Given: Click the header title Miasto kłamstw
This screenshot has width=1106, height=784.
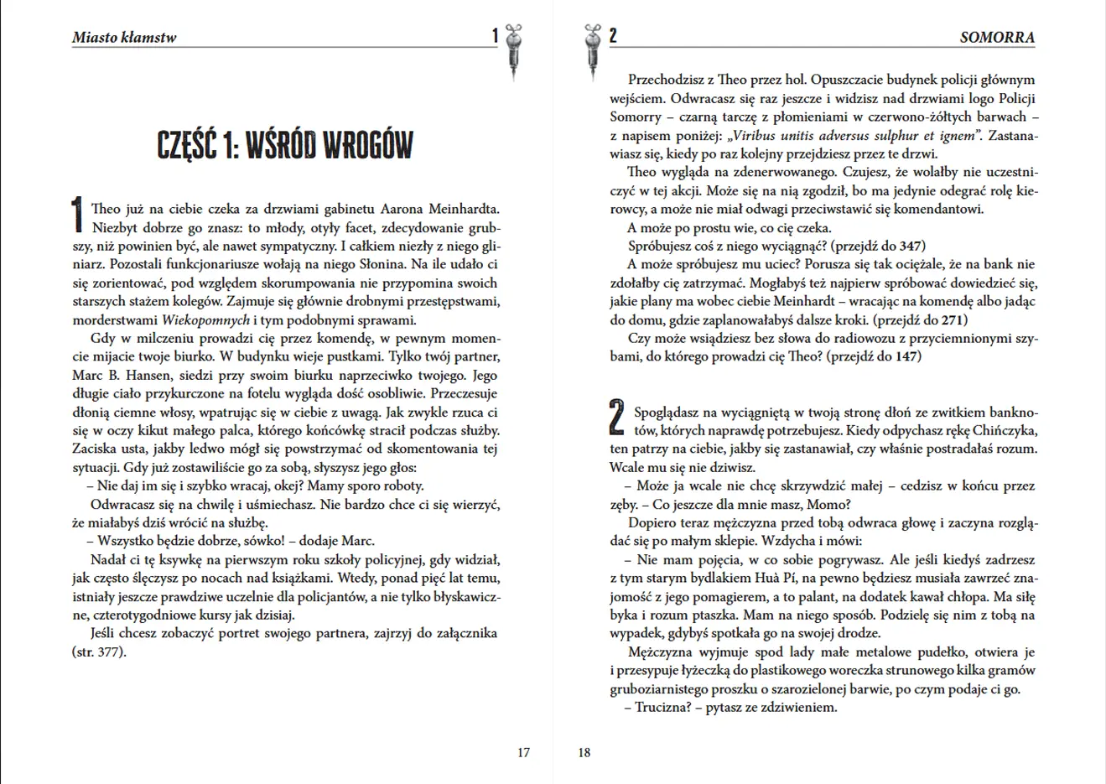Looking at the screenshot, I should click(124, 37).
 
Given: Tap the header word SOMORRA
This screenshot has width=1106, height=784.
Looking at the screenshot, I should click(997, 38).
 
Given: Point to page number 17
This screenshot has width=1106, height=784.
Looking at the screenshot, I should click(523, 752).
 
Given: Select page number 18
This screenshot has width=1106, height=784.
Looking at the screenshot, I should click(584, 752).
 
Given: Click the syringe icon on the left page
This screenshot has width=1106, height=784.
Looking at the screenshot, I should click(513, 52).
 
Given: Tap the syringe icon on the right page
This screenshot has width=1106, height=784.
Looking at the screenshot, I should click(594, 52).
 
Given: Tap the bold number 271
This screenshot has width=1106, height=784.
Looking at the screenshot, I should click(953, 319).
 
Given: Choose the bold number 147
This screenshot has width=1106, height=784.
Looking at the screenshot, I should click(906, 356).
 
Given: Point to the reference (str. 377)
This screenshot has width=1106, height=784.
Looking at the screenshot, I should click(99, 652).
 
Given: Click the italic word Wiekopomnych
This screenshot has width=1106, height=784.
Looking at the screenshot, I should click(205, 319).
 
